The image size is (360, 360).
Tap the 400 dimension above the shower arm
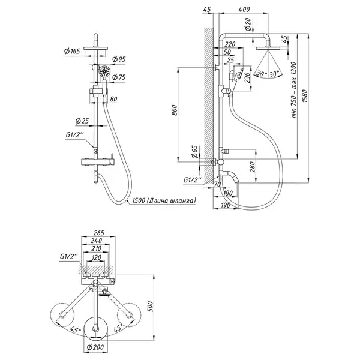click(x=244, y=10)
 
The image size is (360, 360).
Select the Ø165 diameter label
click(x=72, y=51)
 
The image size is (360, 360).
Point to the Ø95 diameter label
click(x=119, y=59)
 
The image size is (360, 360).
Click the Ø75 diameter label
click(x=119, y=77)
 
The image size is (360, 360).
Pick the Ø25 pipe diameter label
click(x=82, y=121)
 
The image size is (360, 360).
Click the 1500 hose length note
click(x=164, y=200)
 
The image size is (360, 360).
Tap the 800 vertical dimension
click(x=175, y=110)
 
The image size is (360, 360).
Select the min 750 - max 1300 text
click(x=294, y=90)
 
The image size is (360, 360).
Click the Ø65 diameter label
click(x=194, y=152)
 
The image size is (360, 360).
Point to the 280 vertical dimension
click(x=252, y=167)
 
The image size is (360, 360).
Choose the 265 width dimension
click(x=99, y=233)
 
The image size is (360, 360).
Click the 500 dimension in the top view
click(x=149, y=307)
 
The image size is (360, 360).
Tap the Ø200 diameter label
click(x=95, y=347)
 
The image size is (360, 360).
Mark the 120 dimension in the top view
click(x=97, y=257)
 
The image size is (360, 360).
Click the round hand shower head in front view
click(x=104, y=71)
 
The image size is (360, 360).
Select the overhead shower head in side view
click(x=268, y=48)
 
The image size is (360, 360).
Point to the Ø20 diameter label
click(x=248, y=25)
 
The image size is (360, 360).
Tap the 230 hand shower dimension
click(x=247, y=79)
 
